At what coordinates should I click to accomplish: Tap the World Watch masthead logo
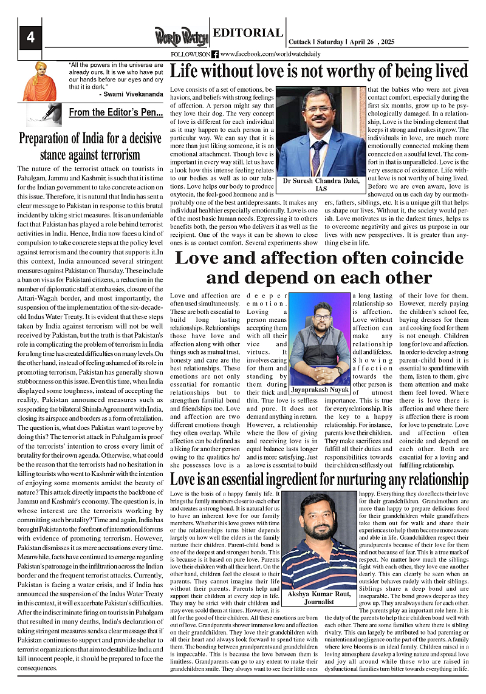point(181,37)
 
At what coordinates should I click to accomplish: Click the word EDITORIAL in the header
point(248,33)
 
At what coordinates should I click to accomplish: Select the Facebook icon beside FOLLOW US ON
point(215,54)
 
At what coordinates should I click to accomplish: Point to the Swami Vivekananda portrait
point(39,81)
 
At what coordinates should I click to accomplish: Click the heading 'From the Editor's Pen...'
point(115,112)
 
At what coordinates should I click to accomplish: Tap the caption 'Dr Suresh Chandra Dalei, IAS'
point(321,185)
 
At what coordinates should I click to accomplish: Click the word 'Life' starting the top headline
point(183,72)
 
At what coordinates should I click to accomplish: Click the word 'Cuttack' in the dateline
point(300,42)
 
